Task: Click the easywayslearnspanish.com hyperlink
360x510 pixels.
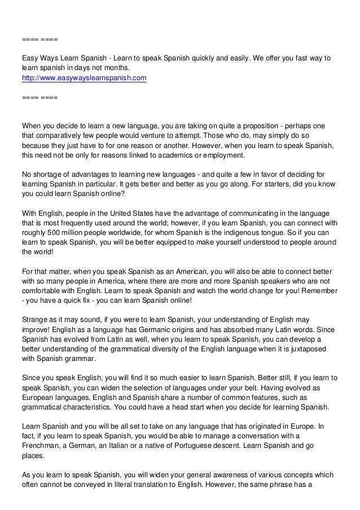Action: coord(84,78)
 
